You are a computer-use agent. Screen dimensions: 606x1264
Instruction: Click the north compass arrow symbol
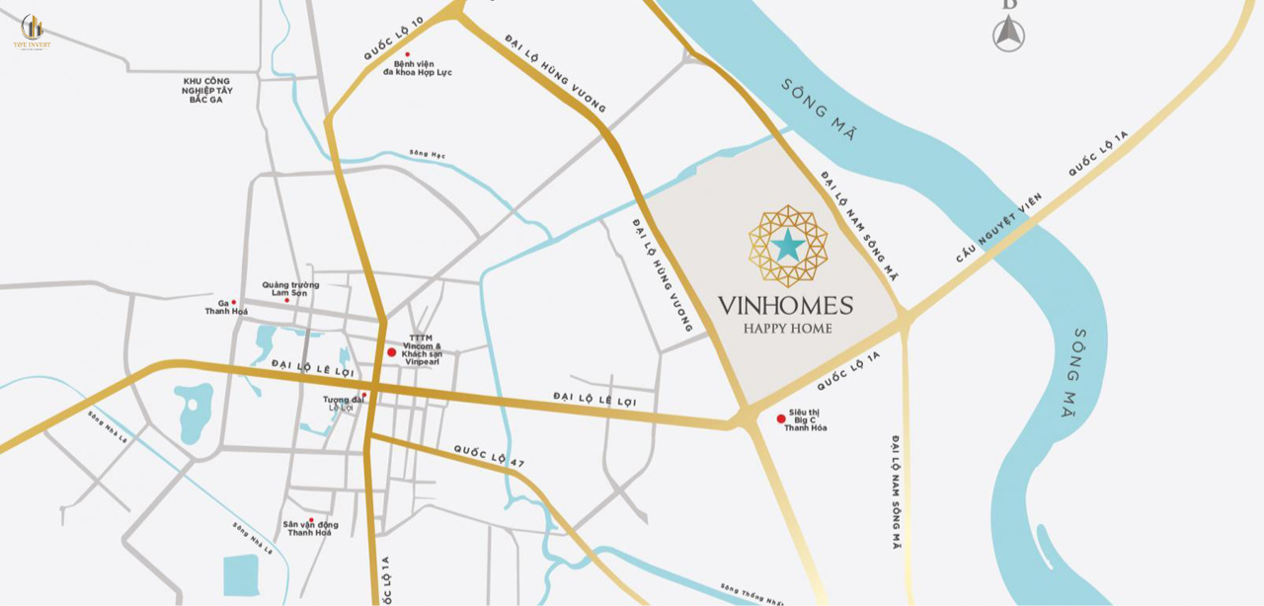pyautogui.click(x=1008, y=33)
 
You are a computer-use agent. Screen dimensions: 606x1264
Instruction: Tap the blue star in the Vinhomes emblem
pyautogui.click(x=787, y=245)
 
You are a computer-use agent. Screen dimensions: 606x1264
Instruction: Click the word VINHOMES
pyautogui.click(x=785, y=305)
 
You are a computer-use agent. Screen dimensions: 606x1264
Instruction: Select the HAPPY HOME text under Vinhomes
pyautogui.click(x=787, y=329)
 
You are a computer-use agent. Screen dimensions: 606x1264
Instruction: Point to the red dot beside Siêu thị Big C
pyautogui.click(x=781, y=418)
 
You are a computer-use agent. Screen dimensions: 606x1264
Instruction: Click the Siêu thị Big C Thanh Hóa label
pyautogui.click(x=806, y=420)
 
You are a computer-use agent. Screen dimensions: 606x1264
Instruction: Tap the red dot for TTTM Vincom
pyautogui.click(x=391, y=351)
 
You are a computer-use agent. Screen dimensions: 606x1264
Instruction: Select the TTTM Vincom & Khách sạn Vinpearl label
pyautogui.click(x=422, y=349)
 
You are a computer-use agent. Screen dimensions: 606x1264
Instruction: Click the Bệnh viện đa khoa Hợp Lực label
pyautogui.click(x=417, y=68)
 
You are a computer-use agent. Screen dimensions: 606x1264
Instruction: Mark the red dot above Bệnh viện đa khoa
pyautogui.click(x=407, y=55)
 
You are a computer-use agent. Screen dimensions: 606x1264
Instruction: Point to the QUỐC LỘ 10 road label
pyautogui.click(x=393, y=38)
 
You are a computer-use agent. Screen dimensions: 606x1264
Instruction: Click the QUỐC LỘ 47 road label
pyautogui.click(x=489, y=455)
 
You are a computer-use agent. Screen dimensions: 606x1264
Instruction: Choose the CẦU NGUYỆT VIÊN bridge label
pyautogui.click(x=998, y=228)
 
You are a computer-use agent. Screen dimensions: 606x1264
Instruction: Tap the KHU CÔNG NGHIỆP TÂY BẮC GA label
pyautogui.click(x=206, y=90)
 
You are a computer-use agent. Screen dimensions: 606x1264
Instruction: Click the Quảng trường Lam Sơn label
pyautogui.click(x=290, y=288)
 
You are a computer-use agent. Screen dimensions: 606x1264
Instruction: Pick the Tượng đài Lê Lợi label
pyautogui.click(x=343, y=404)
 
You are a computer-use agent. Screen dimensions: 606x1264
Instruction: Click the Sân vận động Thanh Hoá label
pyautogui.click(x=310, y=528)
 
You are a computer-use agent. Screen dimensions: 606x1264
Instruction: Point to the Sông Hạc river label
pyautogui.click(x=428, y=154)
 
